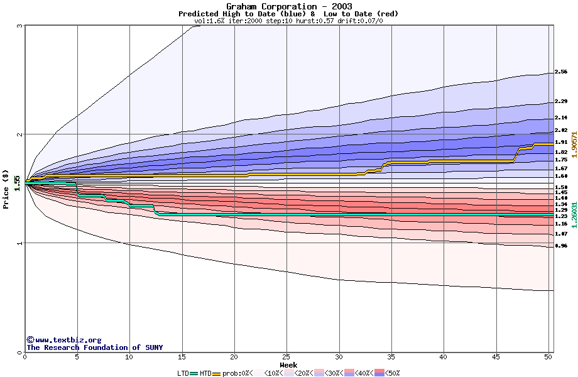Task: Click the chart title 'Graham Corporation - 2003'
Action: (288, 6)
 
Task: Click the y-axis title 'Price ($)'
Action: (6, 188)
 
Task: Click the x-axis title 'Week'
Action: (288, 365)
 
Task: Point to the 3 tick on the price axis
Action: (20, 26)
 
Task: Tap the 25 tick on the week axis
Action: (286, 357)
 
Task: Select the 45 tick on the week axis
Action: (496, 357)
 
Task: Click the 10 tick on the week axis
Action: (129, 357)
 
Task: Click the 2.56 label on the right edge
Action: (561, 72)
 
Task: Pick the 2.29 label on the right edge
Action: (561, 101)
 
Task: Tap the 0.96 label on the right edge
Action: (561, 246)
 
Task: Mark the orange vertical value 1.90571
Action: (574, 145)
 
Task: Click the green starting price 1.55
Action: (17, 182)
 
